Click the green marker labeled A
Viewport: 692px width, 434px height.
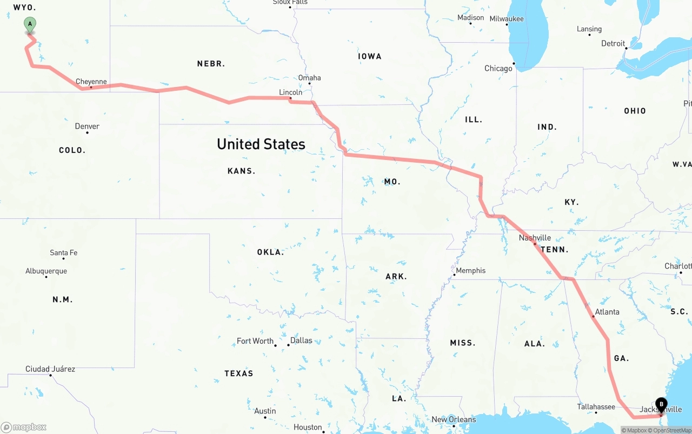click(x=30, y=24)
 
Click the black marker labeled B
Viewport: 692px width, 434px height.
click(x=661, y=405)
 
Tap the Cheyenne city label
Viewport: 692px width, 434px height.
click(x=91, y=82)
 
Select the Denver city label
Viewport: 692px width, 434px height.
click(x=87, y=126)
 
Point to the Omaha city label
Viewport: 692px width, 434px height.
click(x=309, y=78)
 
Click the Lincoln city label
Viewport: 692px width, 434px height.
click(x=290, y=92)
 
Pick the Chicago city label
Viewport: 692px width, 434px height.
click(x=498, y=68)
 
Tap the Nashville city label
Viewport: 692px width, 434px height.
click(x=535, y=238)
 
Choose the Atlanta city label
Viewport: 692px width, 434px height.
click(x=607, y=312)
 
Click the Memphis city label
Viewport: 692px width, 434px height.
click(x=470, y=270)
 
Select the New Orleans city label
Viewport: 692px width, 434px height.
click(x=454, y=419)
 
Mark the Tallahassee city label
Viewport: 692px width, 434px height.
click(x=596, y=407)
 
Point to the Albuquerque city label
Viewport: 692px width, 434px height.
click(x=46, y=271)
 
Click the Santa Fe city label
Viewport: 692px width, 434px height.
click(x=63, y=252)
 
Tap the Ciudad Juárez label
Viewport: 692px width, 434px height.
click(x=50, y=369)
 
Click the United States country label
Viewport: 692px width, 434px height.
click(x=261, y=144)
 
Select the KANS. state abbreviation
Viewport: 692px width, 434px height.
click(x=241, y=171)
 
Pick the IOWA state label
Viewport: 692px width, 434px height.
click(x=369, y=56)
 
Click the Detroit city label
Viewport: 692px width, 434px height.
click(x=613, y=43)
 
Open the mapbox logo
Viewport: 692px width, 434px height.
click(x=24, y=427)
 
